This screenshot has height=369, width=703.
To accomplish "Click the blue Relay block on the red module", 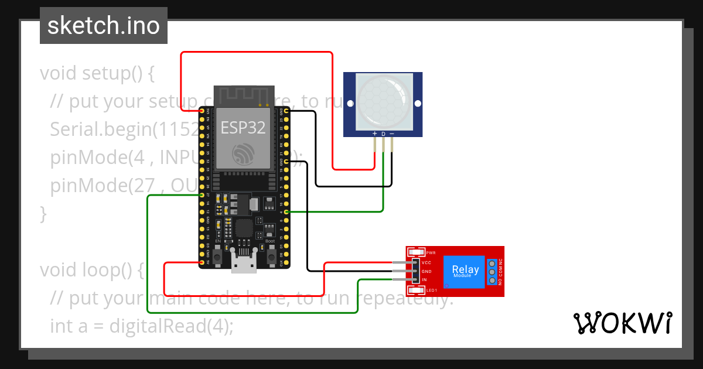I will (x=465, y=271).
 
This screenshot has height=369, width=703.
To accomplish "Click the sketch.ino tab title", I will (x=104, y=26).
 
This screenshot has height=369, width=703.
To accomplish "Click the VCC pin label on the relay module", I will (x=426, y=263).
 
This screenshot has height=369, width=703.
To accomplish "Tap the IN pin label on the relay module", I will (x=424, y=280).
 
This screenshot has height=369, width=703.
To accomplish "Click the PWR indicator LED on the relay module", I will (x=417, y=252).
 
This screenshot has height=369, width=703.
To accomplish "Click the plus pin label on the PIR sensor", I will (x=374, y=135).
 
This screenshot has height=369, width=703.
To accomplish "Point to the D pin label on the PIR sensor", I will (x=383, y=135).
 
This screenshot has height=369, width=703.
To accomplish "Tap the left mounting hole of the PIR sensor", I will (x=350, y=104).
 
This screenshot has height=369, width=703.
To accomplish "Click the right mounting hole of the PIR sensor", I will (x=418, y=104).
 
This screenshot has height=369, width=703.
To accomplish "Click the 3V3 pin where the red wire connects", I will (x=202, y=110).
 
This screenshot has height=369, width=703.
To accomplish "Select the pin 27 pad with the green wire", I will (x=202, y=194).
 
